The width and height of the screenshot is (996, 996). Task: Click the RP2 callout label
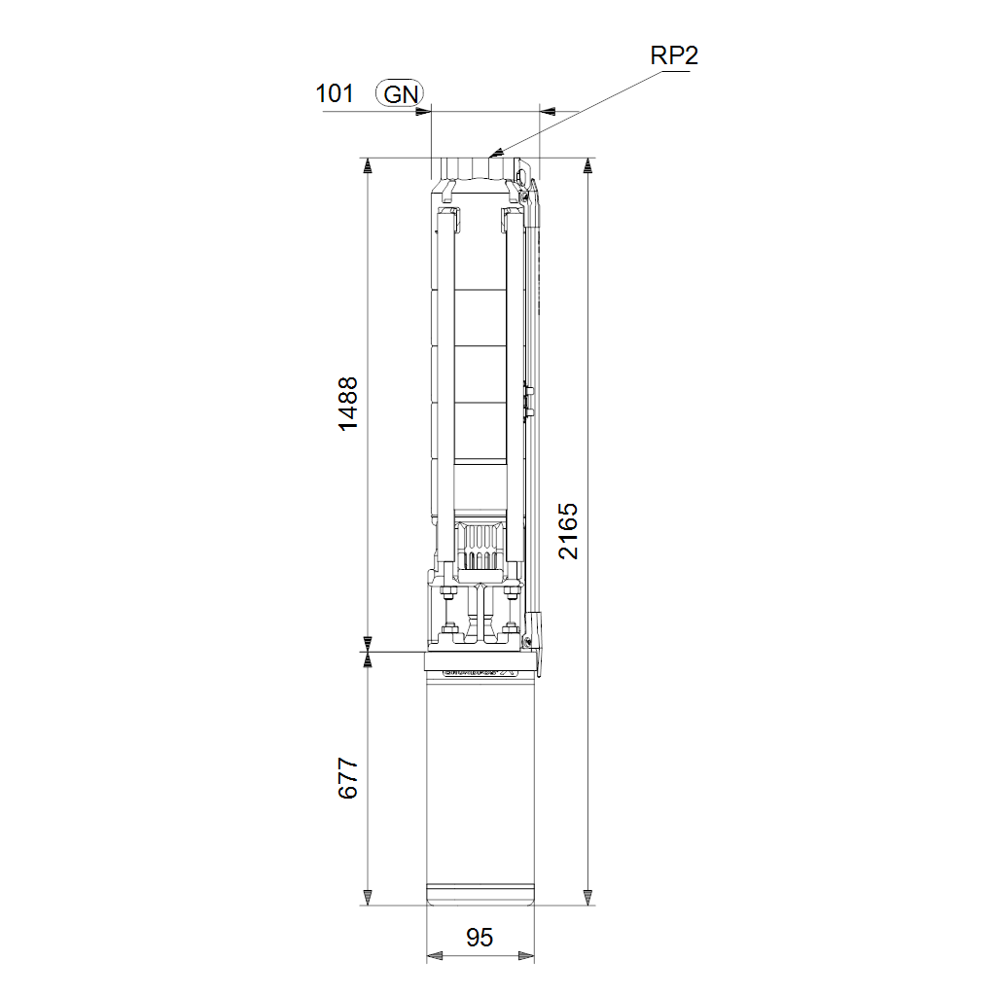[674, 55]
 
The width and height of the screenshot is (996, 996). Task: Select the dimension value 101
[335, 94]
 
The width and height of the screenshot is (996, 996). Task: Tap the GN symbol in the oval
[400, 94]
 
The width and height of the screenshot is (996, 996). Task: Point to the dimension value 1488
[348, 404]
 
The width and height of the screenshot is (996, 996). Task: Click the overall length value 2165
[568, 531]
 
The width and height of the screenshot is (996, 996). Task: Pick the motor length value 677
[348, 777]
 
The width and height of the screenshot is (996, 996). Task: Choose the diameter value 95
[480, 937]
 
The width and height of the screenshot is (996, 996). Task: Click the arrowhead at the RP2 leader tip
[496, 153]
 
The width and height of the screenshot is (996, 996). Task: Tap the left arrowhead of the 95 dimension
[435, 955]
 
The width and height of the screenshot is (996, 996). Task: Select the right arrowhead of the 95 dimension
[526, 955]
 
